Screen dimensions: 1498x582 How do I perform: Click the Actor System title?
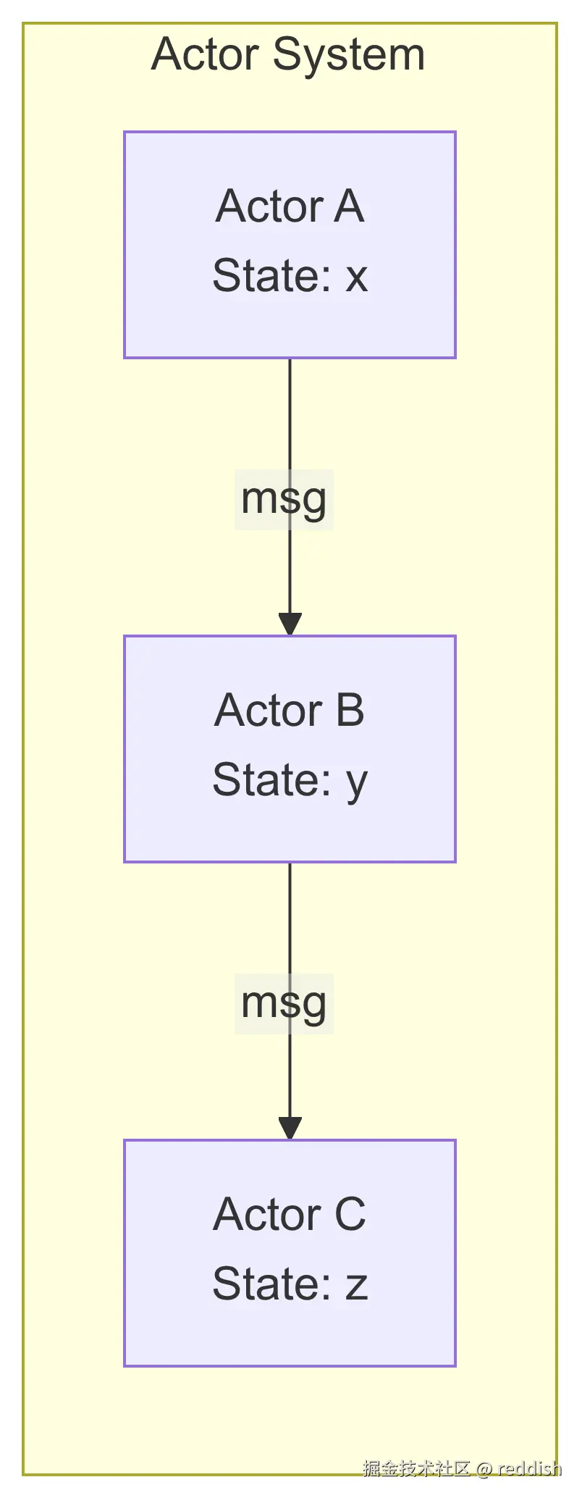(288, 55)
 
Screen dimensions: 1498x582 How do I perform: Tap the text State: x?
(290, 276)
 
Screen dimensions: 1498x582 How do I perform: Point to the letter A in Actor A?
(348, 206)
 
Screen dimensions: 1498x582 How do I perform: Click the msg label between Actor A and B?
(284, 500)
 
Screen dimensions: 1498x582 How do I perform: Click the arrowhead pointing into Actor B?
(290, 624)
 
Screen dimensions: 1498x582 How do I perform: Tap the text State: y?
(290, 780)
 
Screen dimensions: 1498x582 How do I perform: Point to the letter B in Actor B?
(350, 711)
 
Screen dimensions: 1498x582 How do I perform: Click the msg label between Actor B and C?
(284, 1004)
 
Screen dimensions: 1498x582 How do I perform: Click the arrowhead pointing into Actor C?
(290, 1128)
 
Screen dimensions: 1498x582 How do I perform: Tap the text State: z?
(290, 1284)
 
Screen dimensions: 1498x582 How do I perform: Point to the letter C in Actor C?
(350, 1215)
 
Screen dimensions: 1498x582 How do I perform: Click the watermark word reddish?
(529, 1468)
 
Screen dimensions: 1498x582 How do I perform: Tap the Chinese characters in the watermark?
(416, 1468)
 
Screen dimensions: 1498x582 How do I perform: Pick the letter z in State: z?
(356, 1286)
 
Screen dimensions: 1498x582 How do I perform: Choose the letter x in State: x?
(356, 277)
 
